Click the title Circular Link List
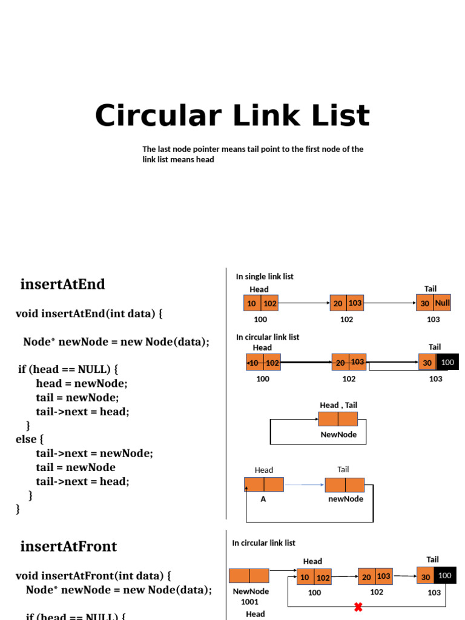[232, 116]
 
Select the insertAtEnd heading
[62, 284]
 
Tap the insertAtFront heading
[68, 546]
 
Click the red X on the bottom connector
[358, 607]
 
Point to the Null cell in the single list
[443, 303]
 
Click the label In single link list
[265, 276]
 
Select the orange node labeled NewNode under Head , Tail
[338, 419]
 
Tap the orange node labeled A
[264, 484]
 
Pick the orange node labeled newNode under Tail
[345, 485]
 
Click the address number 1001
[249, 602]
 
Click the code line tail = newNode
[76, 467]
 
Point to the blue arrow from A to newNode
[304, 485]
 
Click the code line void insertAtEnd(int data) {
[89, 314]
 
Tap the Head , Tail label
[343, 405]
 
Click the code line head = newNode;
[82, 383]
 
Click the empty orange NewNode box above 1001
[249, 576]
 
